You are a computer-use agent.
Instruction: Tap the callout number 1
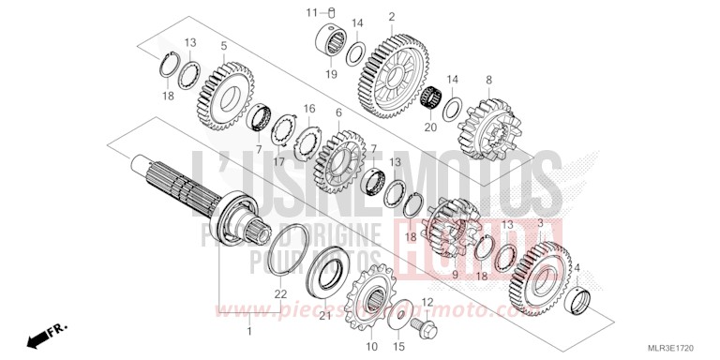[248, 331]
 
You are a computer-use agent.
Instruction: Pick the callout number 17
[279, 161]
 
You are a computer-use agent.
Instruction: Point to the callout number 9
[456, 275]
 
